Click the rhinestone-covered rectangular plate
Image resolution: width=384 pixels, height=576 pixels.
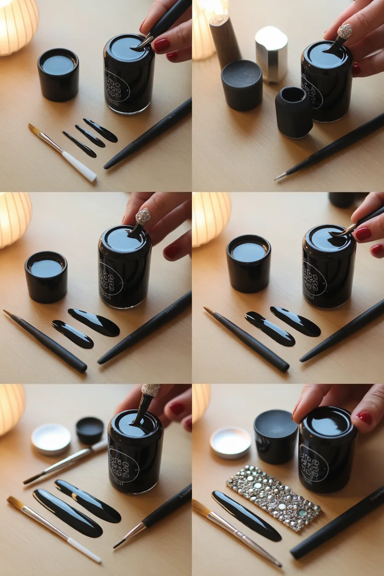tap(273, 498)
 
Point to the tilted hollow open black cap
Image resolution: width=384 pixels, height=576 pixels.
tap(294, 112)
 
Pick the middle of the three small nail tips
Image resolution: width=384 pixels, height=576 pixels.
tap(90, 136)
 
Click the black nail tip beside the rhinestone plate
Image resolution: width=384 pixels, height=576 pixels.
tap(246, 516)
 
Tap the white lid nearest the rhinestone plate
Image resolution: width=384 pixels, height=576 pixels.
tap(230, 442)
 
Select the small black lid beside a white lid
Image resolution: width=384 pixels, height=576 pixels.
tap(90, 430)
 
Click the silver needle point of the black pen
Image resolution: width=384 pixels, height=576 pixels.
tap(280, 176)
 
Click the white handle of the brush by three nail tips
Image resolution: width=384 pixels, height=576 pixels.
tap(79, 167)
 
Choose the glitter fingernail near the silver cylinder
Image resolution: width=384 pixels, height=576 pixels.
tap(345, 32)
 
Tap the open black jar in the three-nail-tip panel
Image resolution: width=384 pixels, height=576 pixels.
tap(58, 74)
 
